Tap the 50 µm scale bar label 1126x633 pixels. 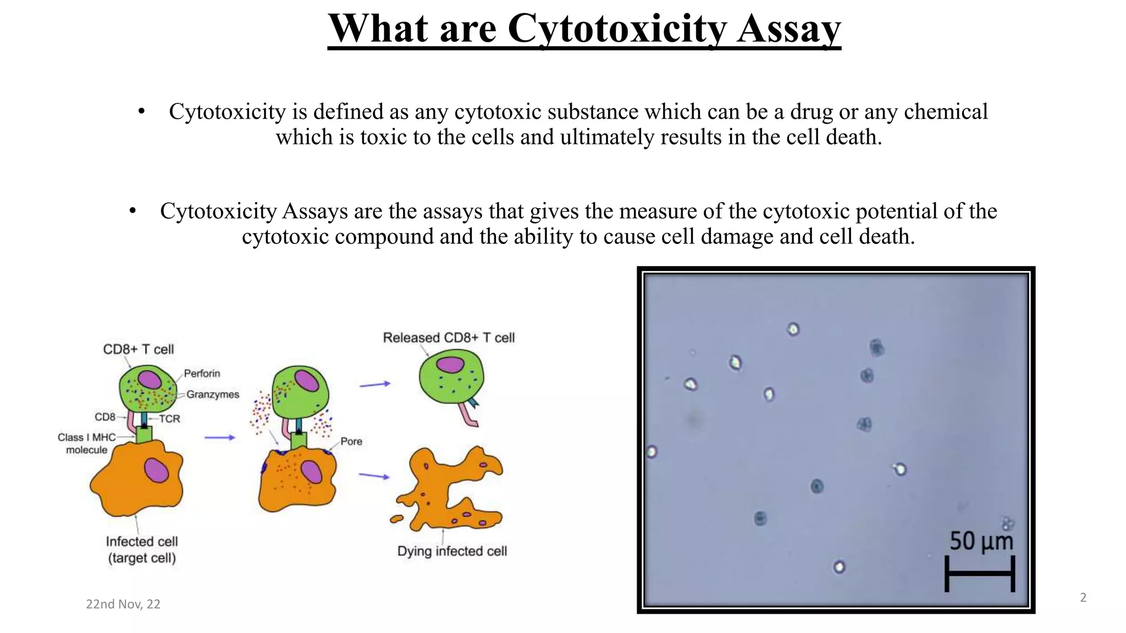(x=981, y=541)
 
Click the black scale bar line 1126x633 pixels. (x=980, y=573)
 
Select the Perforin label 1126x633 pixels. (x=202, y=374)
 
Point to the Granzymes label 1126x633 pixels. (x=213, y=395)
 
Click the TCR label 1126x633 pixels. (x=169, y=419)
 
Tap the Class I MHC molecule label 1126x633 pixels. (x=87, y=443)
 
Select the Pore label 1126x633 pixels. (x=351, y=441)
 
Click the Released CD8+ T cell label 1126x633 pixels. (x=449, y=337)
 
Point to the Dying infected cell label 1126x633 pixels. (x=452, y=551)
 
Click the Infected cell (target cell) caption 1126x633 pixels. (x=142, y=549)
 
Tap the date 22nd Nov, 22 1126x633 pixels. (x=123, y=604)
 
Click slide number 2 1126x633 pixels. (x=1083, y=597)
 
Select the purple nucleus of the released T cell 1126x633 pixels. (x=450, y=365)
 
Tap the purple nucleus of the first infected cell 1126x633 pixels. (x=157, y=471)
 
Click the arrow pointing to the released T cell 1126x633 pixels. (x=375, y=385)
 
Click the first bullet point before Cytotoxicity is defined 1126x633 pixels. (x=141, y=112)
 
